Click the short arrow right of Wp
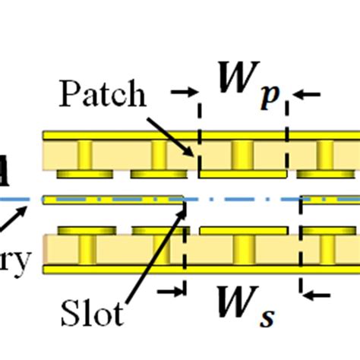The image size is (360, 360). click(308, 93)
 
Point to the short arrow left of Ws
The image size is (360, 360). click(171, 289)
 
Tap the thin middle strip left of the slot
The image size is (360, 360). click(114, 200)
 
